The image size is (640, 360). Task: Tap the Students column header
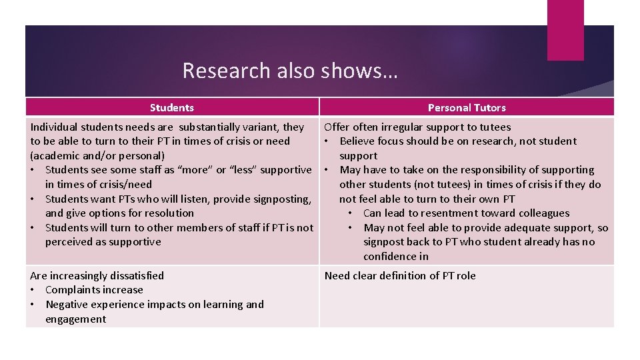(172, 107)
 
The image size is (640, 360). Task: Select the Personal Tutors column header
(467, 107)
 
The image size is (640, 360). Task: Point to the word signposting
(279, 199)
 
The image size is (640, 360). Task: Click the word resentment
(448, 213)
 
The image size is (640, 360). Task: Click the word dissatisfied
(126, 275)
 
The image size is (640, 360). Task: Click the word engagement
(75, 319)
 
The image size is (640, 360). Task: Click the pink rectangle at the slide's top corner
(565, 30)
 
